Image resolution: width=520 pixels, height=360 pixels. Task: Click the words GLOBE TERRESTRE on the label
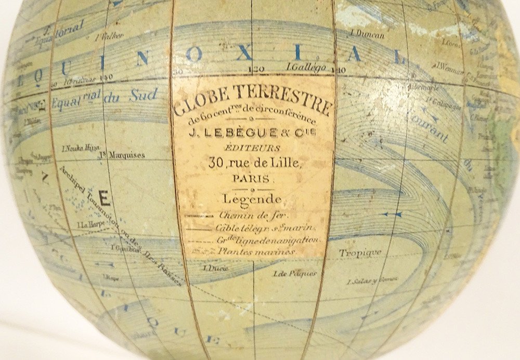pyautogui.click(x=253, y=101)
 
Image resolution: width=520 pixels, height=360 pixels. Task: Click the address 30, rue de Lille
pyautogui.click(x=253, y=163)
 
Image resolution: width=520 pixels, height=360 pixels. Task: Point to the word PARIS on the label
pyautogui.click(x=254, y=178)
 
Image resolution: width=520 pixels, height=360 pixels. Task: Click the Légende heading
pyautogui.click(x=252, y=198)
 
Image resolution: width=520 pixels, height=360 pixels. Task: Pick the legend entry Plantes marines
pyautogui.click(x=257, y=251)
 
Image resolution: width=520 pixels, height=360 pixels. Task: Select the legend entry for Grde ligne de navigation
pyautogui.click(x=268, y=240)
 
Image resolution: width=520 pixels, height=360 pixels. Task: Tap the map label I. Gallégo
pyautogui.click(x=307, y=67)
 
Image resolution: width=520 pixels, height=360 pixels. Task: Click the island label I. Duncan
pyautogui.click(x=368, y=35)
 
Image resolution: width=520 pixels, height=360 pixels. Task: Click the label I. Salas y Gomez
pyautogui.click(x=371, y=281)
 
